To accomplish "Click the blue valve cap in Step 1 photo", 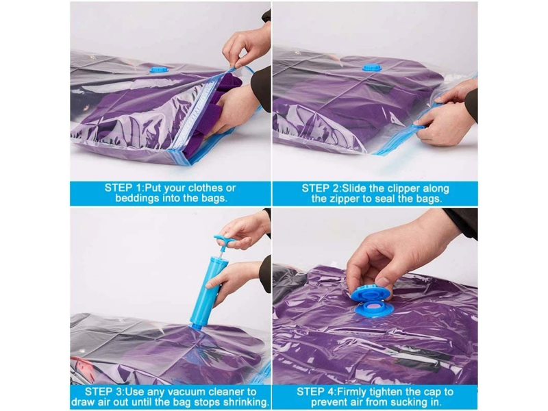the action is (x=160, y=70).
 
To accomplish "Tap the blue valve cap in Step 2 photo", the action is (x=371, y=67).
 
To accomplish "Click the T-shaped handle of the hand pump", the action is (x=223, y=241).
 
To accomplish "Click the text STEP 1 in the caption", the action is (x=123, y=188).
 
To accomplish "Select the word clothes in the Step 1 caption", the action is (x=206, y=188).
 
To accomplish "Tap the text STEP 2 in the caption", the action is (x=320, y=188).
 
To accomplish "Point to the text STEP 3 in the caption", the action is (x=103, y=391).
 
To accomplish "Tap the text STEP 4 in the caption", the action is (x=316, y=391).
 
